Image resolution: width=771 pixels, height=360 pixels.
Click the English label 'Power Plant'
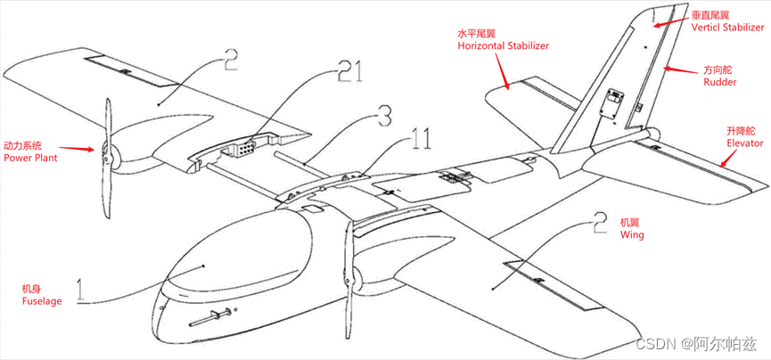[30, 158]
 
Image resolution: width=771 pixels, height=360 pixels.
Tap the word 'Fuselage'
[42, 301]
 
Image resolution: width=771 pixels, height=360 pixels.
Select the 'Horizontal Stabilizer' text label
[502, 45]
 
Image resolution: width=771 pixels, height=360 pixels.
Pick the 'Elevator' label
[745, 143]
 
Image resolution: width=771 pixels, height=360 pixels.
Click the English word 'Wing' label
[631, 235]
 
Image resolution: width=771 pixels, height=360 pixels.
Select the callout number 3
[382, 117]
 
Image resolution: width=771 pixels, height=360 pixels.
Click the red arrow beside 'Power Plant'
[82, 149]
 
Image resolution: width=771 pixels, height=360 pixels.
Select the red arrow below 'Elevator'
[728, 160]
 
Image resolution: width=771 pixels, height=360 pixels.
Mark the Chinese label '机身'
[34, 289]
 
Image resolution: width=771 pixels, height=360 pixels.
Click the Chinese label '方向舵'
[720, 69]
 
